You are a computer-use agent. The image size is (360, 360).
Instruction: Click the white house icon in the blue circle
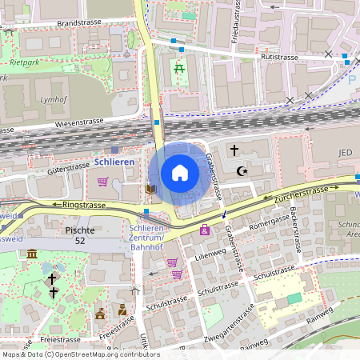(180, 173)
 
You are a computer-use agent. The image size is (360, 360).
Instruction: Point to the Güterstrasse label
(68, 168)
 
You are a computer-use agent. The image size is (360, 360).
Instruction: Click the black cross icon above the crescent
(234, 150)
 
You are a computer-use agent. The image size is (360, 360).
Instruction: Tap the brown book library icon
(150, 189)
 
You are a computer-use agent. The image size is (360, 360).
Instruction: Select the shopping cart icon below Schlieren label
(102, 182)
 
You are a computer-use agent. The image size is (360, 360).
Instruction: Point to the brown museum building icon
(32, 254)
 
